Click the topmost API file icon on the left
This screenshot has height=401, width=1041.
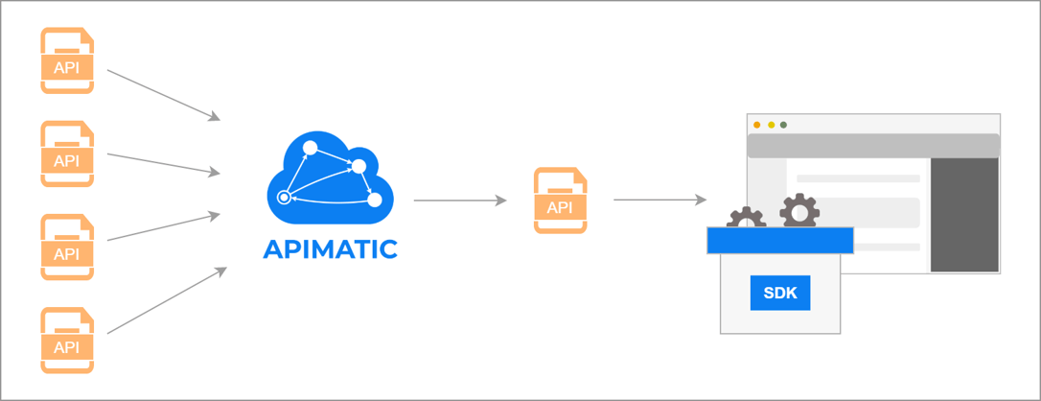67,60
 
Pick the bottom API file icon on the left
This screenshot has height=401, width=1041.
67,340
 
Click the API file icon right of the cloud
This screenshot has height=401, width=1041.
560,200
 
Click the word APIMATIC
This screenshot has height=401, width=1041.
330,249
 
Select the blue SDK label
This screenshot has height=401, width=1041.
780,293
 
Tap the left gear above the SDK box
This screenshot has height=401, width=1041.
746,219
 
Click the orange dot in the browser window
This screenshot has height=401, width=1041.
757,125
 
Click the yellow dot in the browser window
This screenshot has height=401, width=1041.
771,125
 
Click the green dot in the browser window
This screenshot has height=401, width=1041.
783,125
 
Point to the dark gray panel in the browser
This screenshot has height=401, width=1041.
964,215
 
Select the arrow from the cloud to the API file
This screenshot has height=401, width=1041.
460,200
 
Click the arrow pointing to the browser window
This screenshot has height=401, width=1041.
659,200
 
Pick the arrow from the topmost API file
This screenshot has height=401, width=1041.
164,94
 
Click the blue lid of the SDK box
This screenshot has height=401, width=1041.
779,240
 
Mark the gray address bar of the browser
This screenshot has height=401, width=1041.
872,145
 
